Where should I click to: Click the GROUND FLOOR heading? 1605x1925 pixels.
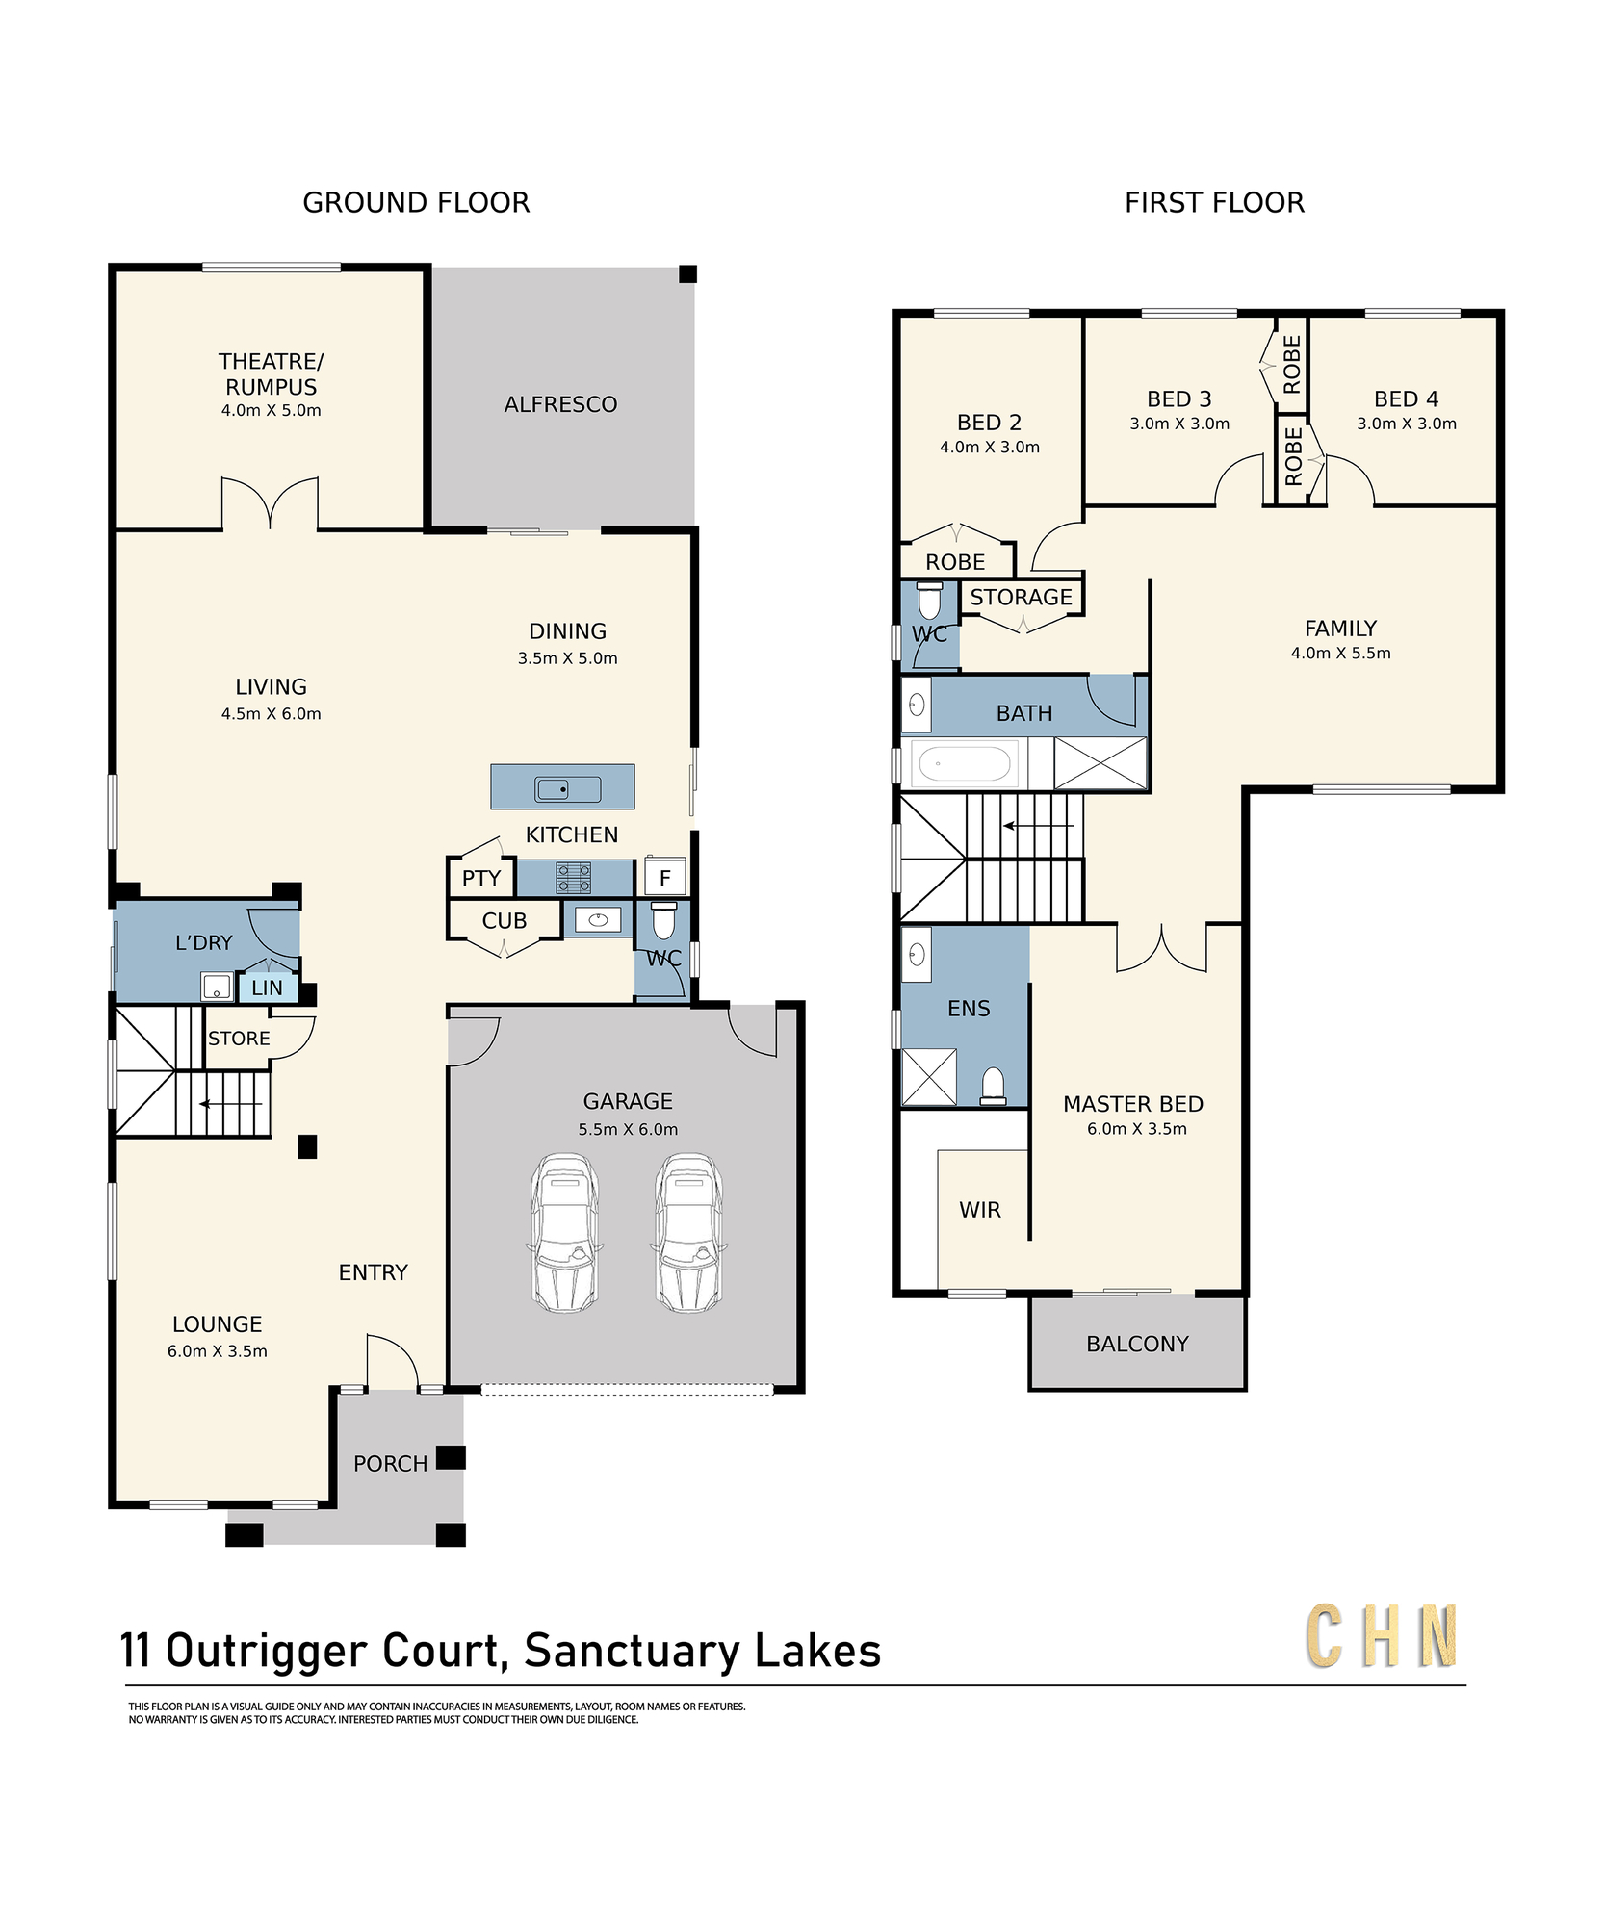click(x=416, y=202)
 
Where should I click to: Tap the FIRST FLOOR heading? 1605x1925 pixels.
click(x=1214, y=202)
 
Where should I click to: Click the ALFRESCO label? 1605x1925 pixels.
click(x=560, y=404)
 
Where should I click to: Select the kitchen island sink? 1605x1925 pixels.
click(x=568, y=789)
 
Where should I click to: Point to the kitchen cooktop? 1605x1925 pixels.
click(x=574, y=878)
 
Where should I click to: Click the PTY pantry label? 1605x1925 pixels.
click(x=481, y=878)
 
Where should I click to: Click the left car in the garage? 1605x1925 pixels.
click(x=565, y=1232)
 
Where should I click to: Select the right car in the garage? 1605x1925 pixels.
click(x=688, y=1232)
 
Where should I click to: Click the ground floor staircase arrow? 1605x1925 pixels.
click(x=231, y=1103)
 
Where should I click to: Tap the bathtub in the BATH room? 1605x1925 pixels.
click(x=965, y=765)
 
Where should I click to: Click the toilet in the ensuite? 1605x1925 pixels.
click(x=993, y=1087)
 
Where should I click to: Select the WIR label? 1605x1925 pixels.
click(x=980, y=1210)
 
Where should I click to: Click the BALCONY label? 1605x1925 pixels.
click(x=1137, y=1344)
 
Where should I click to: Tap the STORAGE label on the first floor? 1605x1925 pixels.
click(x=1021, y=597)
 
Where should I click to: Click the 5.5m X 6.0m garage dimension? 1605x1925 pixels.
click(x=628, y=1129)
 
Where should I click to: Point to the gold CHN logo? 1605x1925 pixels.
click(x=1382, y=1635)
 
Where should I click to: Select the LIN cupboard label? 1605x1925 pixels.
click(x=267, y=988)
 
